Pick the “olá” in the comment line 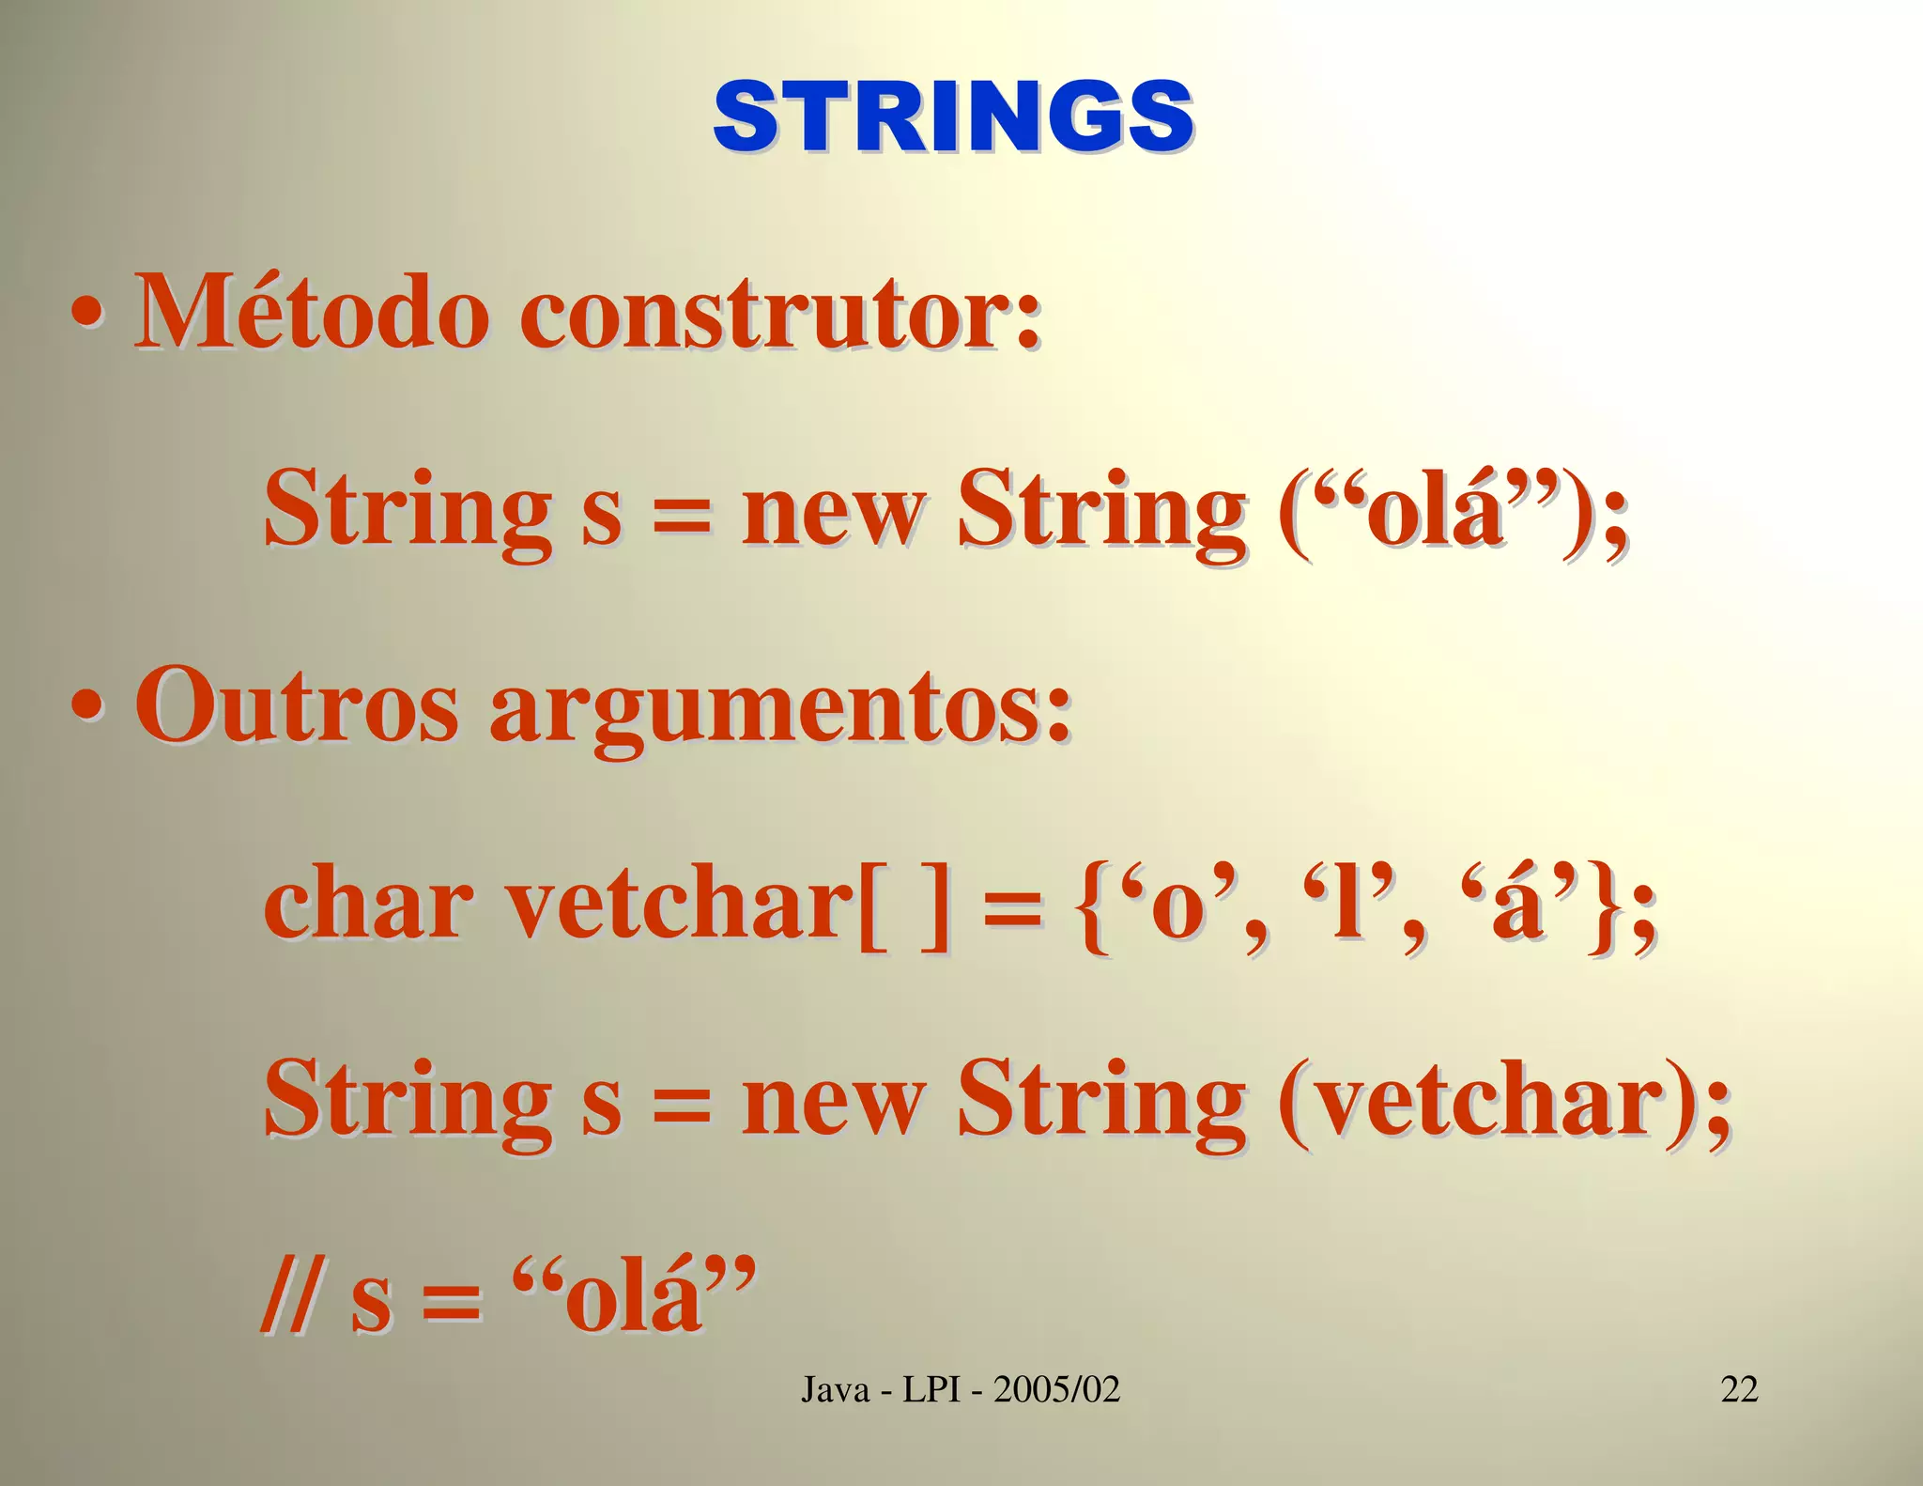[x=635, y=1297]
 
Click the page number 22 [x=1739, y=1388]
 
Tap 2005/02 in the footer [x=1057, y=1388]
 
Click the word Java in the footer [x=835, y=1388]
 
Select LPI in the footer [x=931, y=1388]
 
